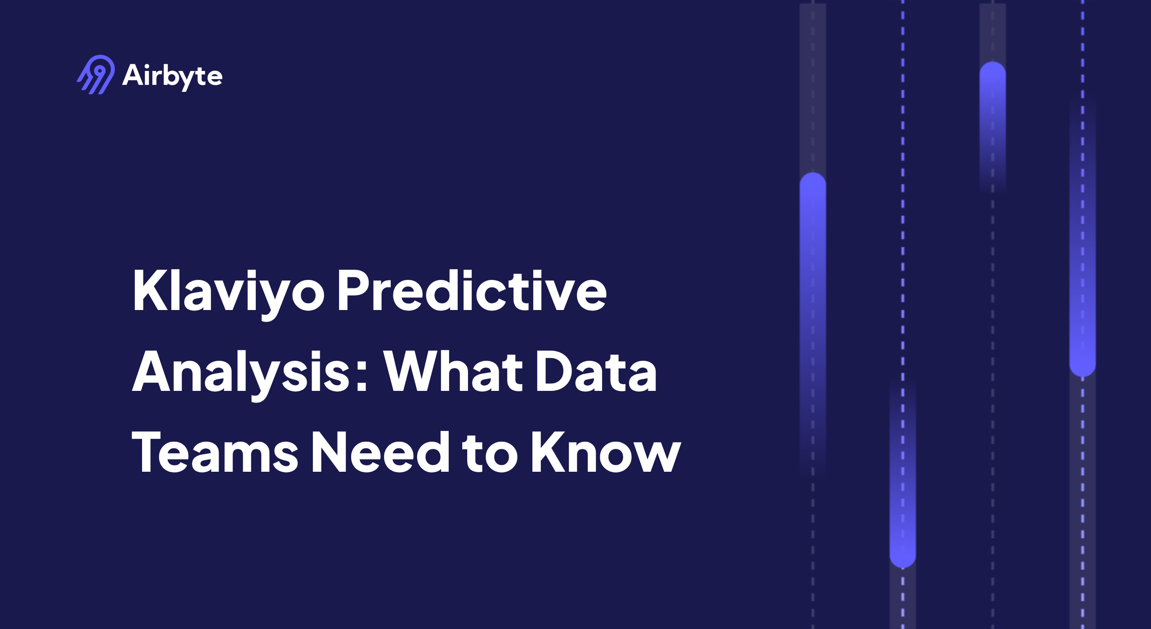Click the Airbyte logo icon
coord(96,75)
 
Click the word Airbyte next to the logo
coord(172,75)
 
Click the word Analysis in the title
coord(241,372)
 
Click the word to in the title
coord(490,453)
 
